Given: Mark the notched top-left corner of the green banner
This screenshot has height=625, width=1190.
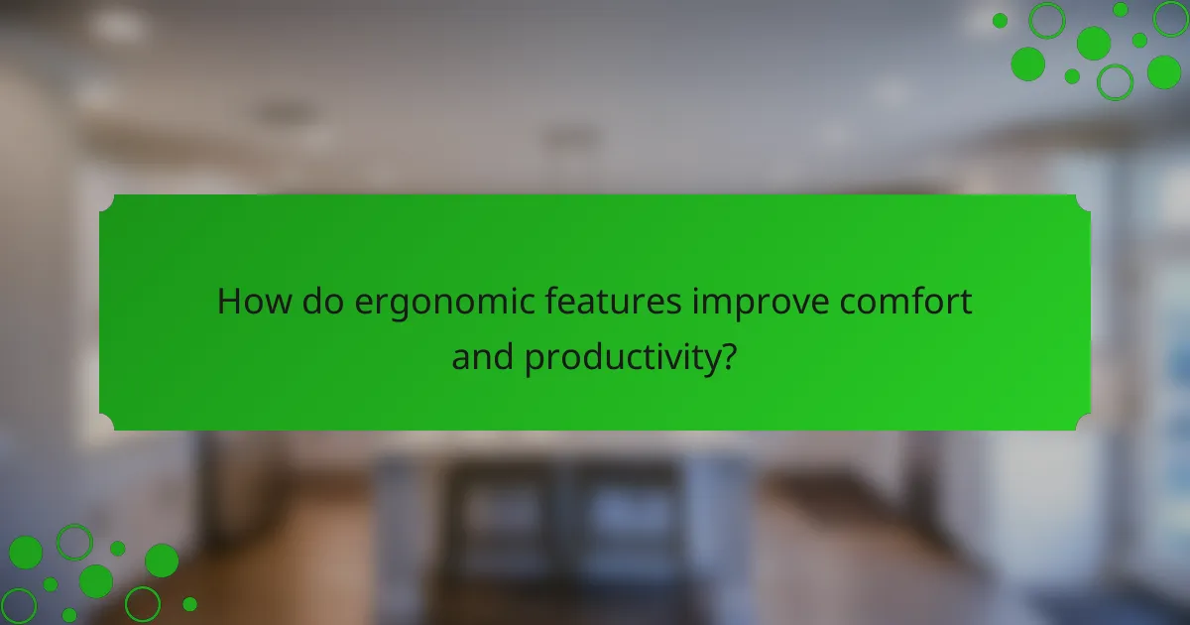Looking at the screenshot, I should coord(105,200).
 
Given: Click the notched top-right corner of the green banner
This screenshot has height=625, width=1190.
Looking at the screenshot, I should coord(1084,200).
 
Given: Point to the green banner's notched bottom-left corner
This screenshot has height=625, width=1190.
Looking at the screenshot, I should coord(105,424).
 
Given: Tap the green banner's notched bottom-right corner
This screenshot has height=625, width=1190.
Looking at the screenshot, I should coord(1084,424).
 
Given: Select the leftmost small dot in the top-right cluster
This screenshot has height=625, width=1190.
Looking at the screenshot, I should coord(1000,20).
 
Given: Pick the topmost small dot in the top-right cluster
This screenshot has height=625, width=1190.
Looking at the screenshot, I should coord(1121,9).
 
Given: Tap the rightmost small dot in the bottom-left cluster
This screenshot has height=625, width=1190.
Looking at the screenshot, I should coord(189,603).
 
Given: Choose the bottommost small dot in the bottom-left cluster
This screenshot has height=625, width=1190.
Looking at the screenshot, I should coord(69,615).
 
